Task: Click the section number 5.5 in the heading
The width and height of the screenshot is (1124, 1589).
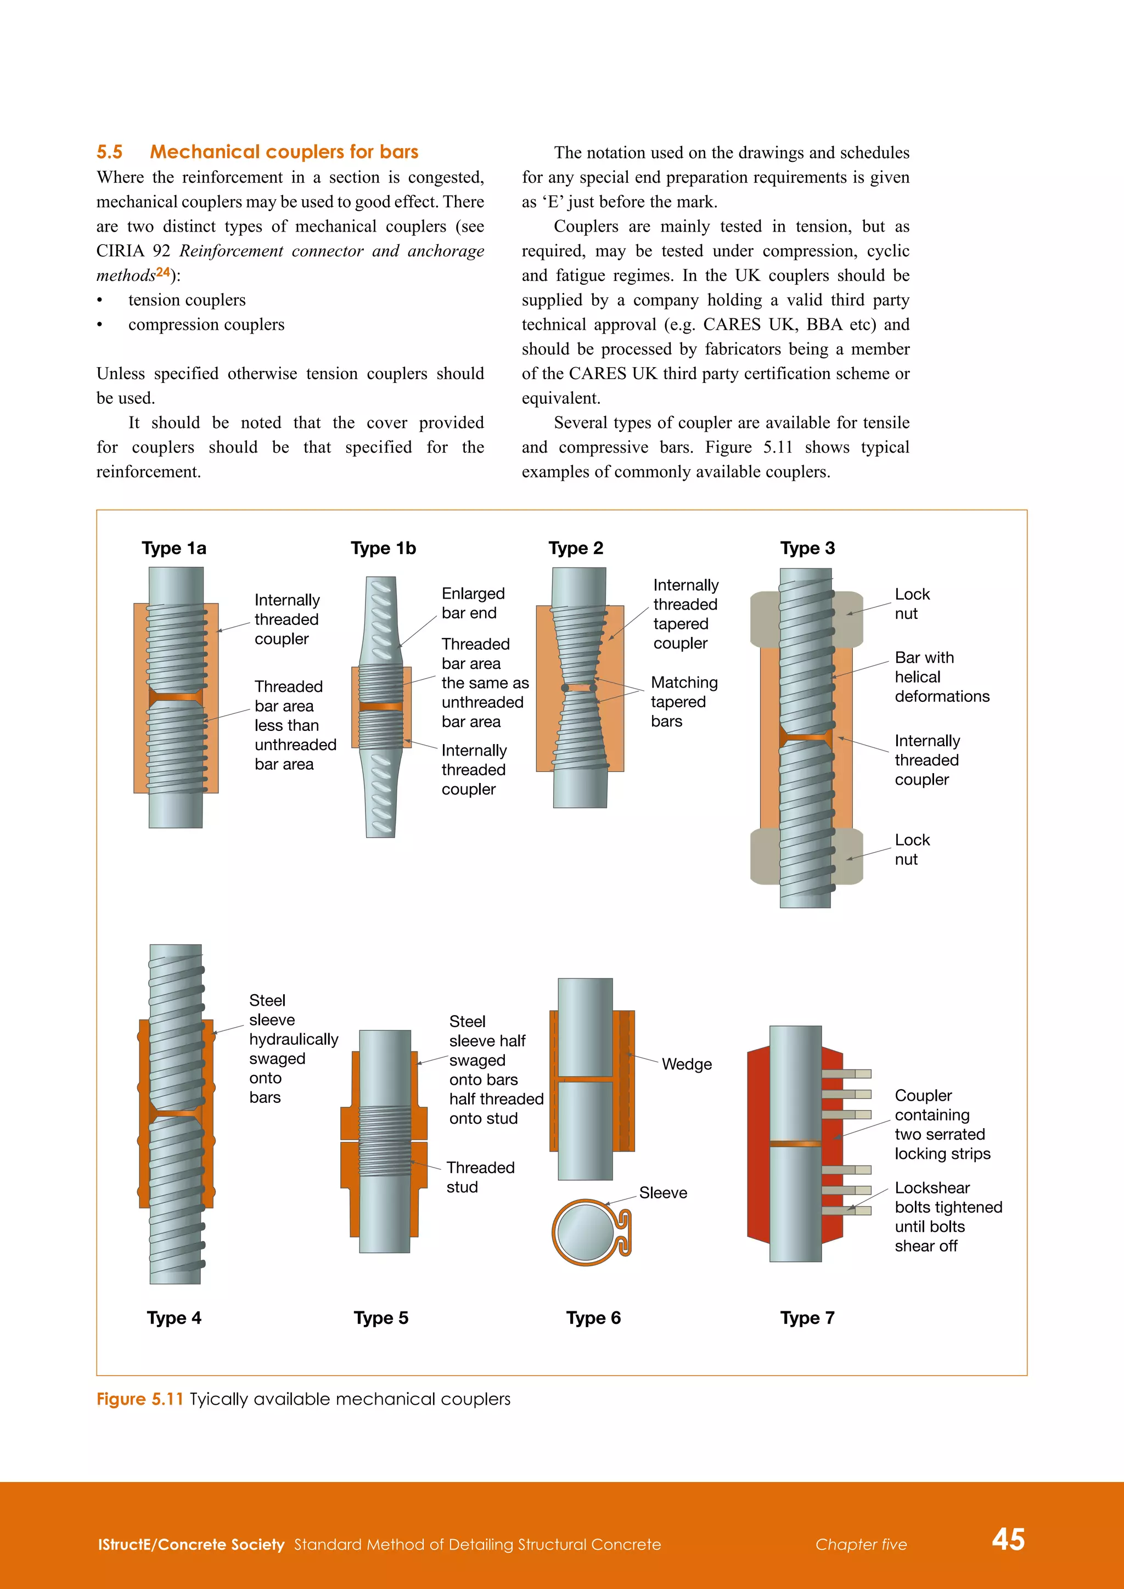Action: [x=109, y=152]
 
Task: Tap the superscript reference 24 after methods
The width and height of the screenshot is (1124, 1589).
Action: [x=162, y=272]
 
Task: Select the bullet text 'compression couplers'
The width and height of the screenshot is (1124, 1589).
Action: [x=206, y=325]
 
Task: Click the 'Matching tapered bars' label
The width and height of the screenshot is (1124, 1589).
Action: [x=683, y=702]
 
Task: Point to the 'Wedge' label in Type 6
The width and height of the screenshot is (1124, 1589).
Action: [x=686, y=1064]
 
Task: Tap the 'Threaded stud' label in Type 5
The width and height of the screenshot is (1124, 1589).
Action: [x=480, y=1177]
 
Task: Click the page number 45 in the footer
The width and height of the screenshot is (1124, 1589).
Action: [x=1008, y=1539]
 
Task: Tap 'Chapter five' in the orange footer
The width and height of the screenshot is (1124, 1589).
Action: [x=861, y=1544]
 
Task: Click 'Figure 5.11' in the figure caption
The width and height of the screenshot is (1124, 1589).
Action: [x=139, y=1399]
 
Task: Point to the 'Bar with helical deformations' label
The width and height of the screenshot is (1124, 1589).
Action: [x=941, y=677]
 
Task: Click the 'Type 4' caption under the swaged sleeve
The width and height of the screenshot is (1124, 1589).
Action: [x=174, y=1318]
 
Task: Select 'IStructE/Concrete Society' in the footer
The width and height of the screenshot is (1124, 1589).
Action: [x=191, y=1544]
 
